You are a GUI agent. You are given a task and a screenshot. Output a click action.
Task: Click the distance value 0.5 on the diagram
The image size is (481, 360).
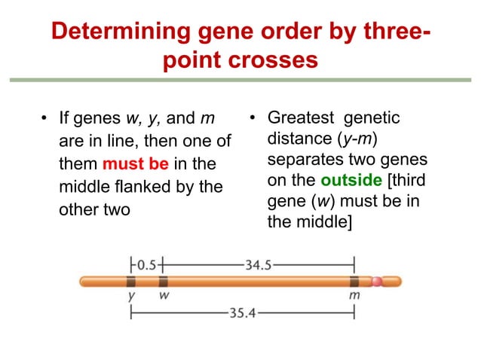(146, 264)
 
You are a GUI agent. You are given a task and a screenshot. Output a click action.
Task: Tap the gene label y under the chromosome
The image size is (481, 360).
(132, 297)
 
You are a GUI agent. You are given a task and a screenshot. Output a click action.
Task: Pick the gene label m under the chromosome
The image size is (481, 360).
(354, 296)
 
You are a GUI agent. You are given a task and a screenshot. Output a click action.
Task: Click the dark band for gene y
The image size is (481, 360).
(131, 282)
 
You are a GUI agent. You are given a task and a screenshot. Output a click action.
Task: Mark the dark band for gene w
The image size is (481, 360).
(162, 282)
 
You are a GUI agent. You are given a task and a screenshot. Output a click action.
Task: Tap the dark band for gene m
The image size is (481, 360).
(354, 282)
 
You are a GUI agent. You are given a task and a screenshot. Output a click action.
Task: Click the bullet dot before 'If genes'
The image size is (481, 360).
(44, 120)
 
